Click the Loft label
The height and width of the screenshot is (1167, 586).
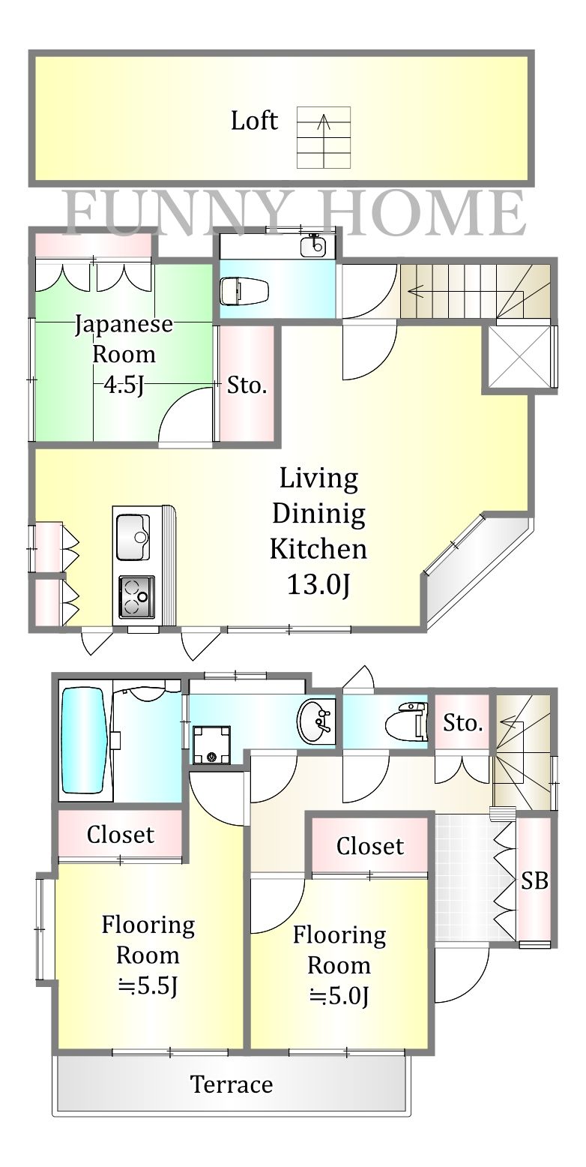point(254,121)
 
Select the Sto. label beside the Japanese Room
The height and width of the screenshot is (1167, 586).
point(247,386)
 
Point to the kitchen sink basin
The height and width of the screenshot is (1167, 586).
point(133,536)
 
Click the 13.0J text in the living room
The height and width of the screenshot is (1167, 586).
point(318,584)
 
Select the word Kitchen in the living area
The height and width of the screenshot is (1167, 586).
point(318,549)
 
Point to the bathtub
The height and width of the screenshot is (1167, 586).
point(84,739)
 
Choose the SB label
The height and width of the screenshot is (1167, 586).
point(534,881)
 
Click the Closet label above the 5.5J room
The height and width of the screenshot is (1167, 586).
point(121,834)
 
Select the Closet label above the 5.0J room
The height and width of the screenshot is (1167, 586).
point(370,846)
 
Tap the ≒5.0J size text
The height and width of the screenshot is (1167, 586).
point(339,996)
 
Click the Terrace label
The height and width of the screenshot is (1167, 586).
point(231,1084)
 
